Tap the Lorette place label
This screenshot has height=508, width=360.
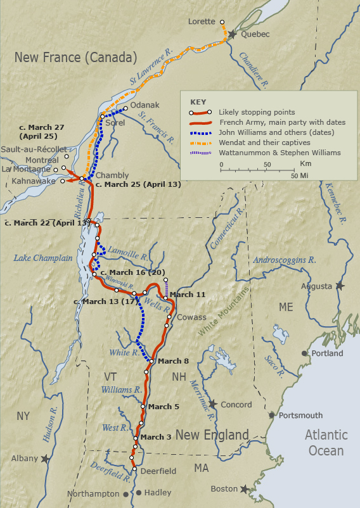pyautogui.click(x=202, y=22)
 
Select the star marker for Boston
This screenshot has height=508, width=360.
pyautogui.click(x=244, y=489)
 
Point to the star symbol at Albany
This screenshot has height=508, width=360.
pyautogui.click(x=45, y=458)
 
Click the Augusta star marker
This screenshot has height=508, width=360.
pyautogui.click(x=340, y=286)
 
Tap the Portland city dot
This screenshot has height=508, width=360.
pyautogui.click(x=305, y=353)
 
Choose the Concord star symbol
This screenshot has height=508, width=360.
pyautogui.click(x=213, y=404)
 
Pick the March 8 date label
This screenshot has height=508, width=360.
pyautogui.click(x=173, y=361)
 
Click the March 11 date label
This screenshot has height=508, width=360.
pyautogui.click(x=188, y=295)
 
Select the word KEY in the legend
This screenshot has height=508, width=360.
pyautogui.click(x=198, y=101)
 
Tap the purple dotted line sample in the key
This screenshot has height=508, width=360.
pyautogui.click(x=202, y=153)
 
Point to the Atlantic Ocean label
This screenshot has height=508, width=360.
pyautogui.click(x=326, y=443)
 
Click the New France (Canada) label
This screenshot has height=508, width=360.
pyautogui.click(x=75, y=58)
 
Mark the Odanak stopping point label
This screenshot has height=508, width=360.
pyautogui.click(x=145, y=105)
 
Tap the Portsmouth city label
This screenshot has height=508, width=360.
pyautogui.click(x=300, y=416)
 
